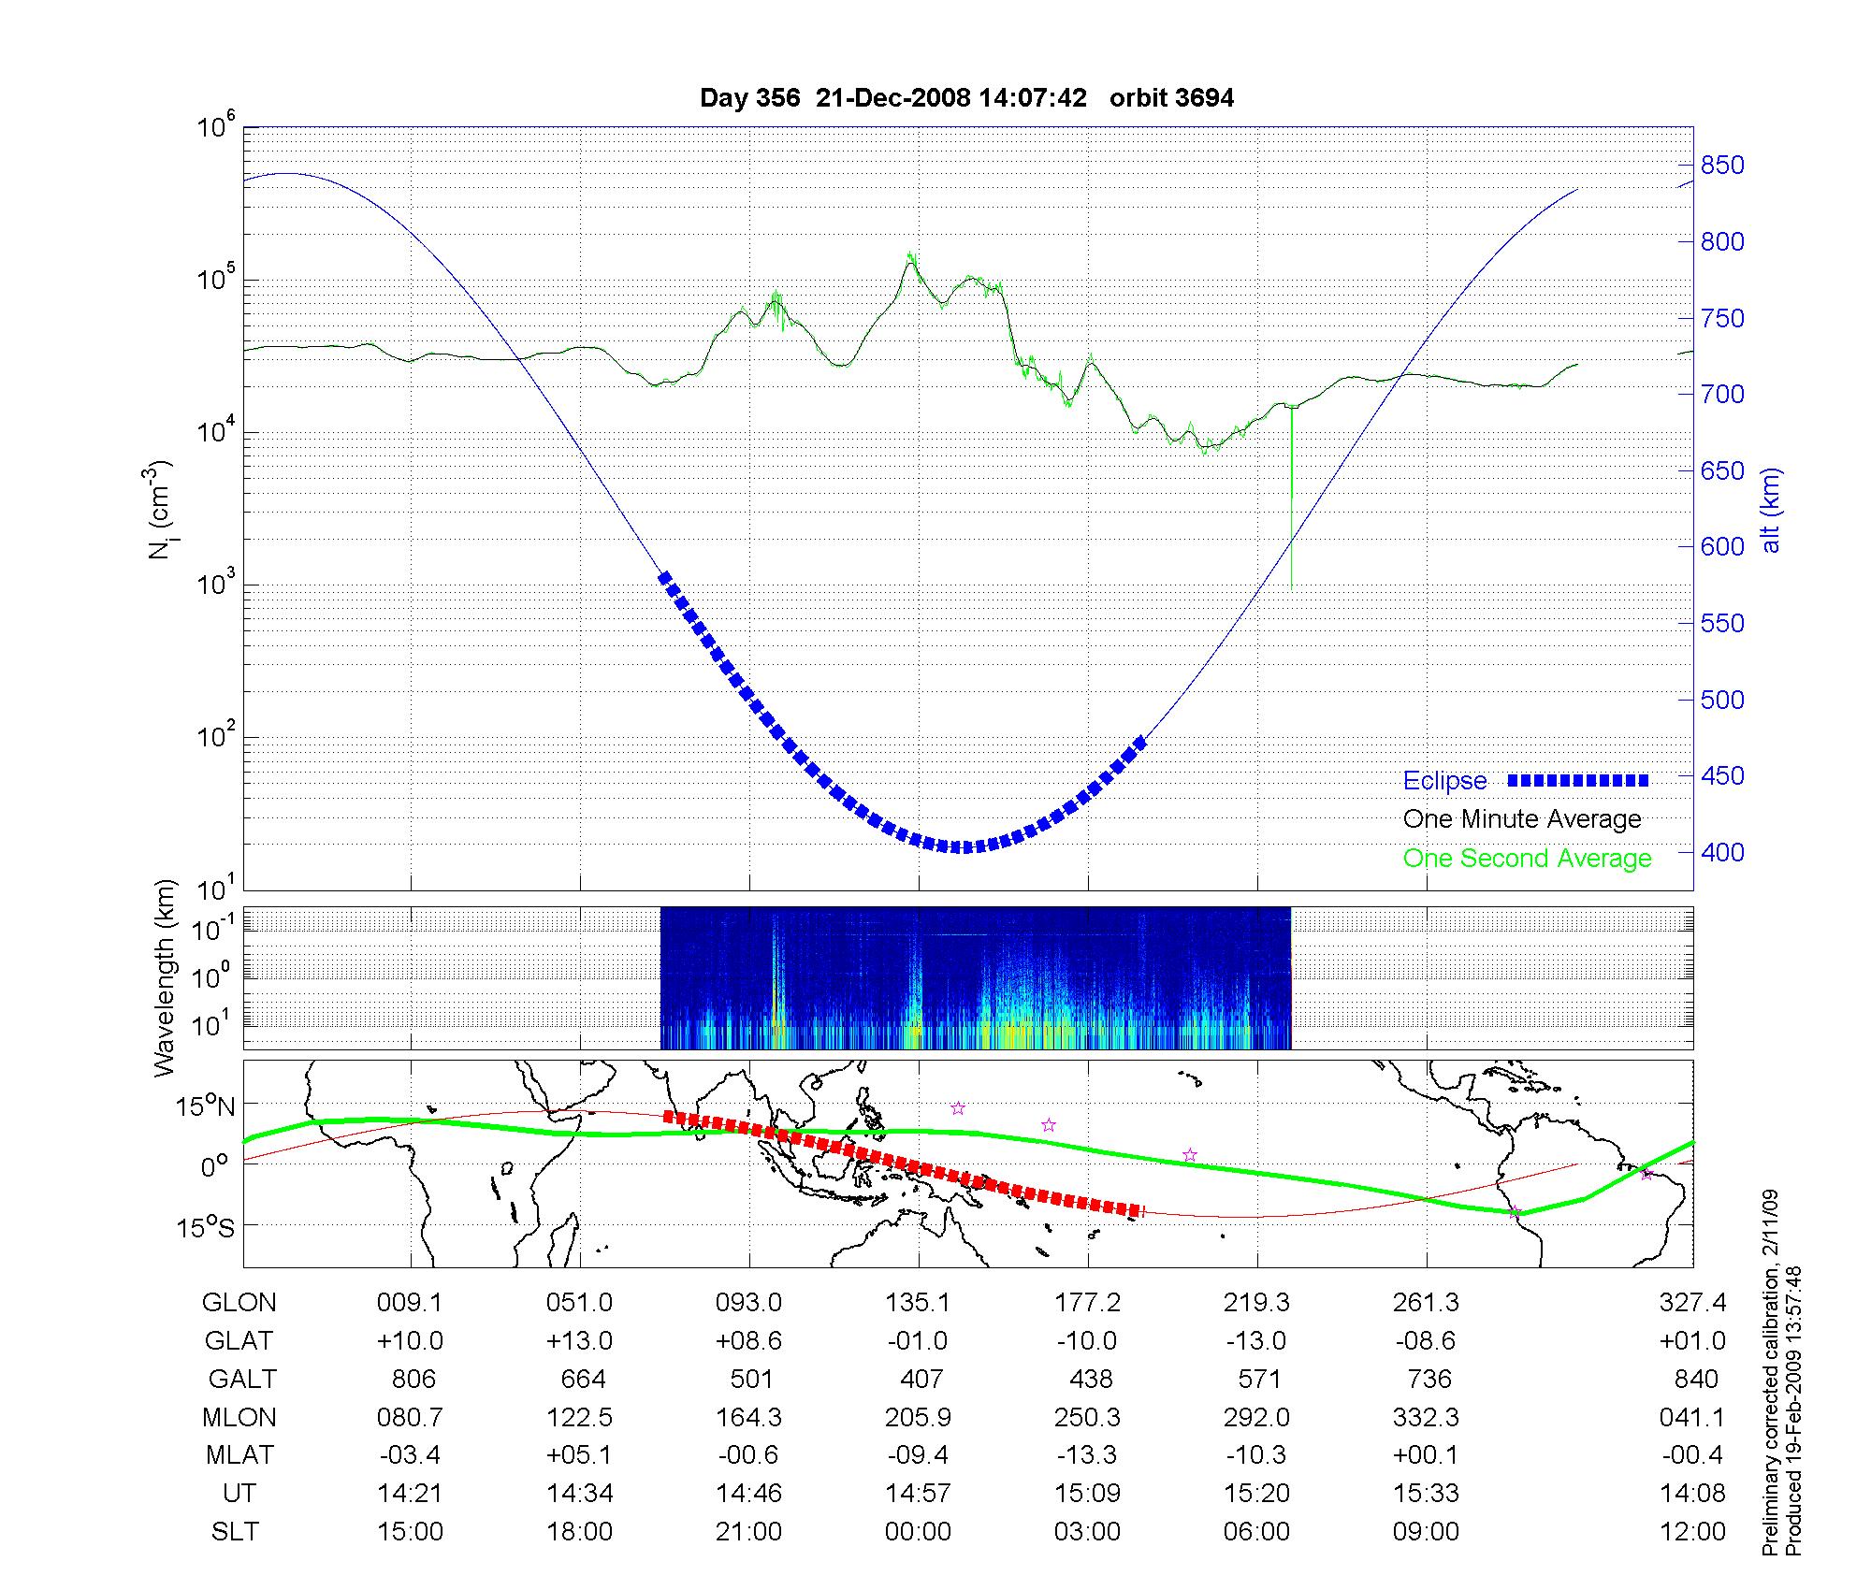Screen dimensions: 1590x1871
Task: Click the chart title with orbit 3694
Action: (966, 98)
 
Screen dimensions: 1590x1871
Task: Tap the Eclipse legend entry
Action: (1444, 781)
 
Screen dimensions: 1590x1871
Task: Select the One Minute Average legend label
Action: (1522, 819)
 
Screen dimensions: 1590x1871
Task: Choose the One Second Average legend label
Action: (1527, 859)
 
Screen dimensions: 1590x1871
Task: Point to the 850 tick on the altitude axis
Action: (1722, 166)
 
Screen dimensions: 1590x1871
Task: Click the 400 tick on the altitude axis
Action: (1722, 852)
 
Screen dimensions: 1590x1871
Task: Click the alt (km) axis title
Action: (1771, 510)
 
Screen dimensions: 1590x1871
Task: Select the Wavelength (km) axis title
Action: (166, 978)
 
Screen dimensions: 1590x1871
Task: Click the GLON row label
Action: (239, 1303)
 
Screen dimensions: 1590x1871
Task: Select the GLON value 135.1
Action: (918, 1303)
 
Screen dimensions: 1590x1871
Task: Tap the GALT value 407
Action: (921, 1380)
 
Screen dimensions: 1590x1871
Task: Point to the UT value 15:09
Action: (1087, 1494)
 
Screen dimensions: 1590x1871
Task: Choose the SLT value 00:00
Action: (918, 1532)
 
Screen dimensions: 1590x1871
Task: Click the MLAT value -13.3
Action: (1087, 1455)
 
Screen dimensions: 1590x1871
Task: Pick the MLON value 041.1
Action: (1691, 1418)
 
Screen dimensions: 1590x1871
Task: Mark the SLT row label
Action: (235, 1532)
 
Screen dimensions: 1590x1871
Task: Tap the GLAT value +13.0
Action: (579, 1341)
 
